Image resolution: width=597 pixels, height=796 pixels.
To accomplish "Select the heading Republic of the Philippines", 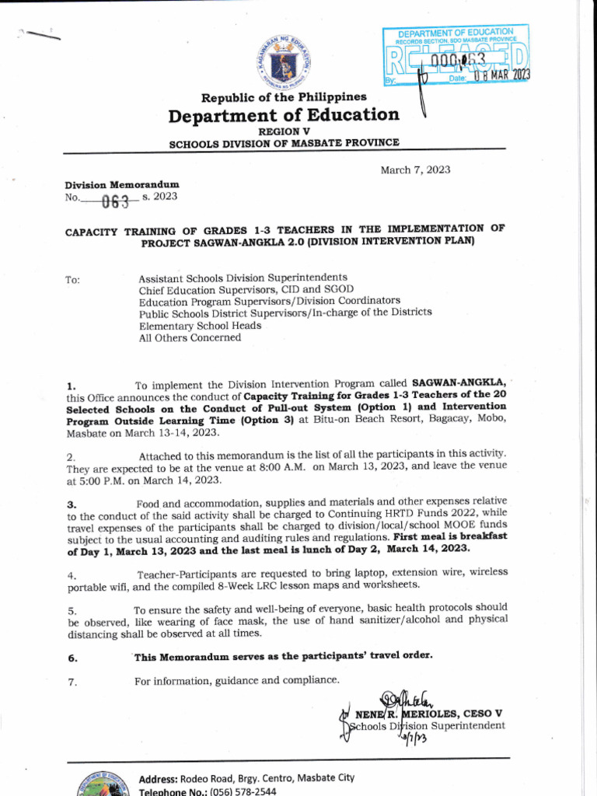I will pyautogui.click(x=284, y=97).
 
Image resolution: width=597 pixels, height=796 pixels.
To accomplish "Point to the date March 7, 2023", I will pyautogui.click(x=415, y=170).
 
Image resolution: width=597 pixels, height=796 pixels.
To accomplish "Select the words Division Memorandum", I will pyautogui.click(x=122, y=185).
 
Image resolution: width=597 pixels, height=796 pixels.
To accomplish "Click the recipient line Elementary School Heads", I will pyautogui.click(x=200, y=326).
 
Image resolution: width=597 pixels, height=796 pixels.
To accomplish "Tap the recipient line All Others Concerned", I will pyautogui.click(x=190, y=338).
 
